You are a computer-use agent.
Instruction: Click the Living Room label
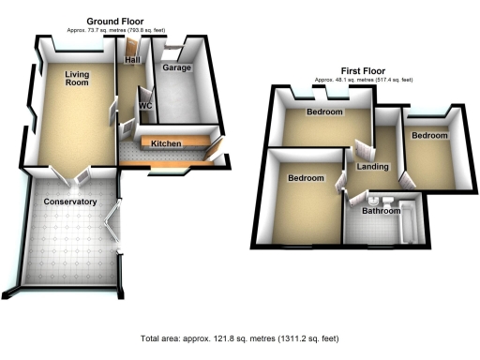[77, 80]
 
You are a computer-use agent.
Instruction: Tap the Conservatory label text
[70, 202]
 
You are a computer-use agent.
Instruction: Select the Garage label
[176, 68]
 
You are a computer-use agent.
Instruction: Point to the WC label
[145, 106]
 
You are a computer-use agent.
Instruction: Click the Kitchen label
[166, 143]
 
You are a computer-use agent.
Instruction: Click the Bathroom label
[382, 211]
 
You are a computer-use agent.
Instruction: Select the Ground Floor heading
[114, 21]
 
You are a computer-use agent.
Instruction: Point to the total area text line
[240, 337]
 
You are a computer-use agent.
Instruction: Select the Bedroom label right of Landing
[428, 136]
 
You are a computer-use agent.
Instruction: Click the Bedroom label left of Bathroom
[307, 178]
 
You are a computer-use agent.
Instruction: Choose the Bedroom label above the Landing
[324, 112]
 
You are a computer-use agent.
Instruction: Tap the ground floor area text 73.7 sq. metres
[114, 30]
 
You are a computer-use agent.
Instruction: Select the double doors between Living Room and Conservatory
[70, 172]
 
